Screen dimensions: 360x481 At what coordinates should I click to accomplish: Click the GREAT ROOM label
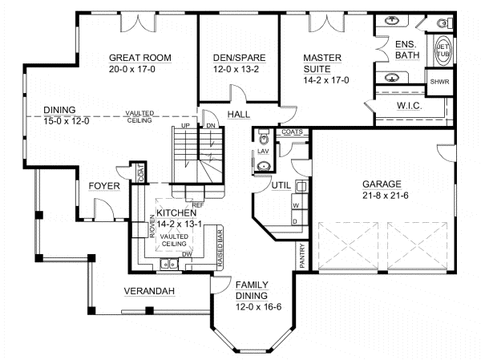[139, 57]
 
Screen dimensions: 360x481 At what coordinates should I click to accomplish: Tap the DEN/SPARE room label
[238, 57]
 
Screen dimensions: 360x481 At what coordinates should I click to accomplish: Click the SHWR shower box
[439, 82]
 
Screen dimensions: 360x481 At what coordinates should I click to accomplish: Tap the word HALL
[238, 115]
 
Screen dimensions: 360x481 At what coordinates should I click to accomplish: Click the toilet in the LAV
[262, 138]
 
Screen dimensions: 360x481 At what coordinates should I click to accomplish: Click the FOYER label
[103, 187]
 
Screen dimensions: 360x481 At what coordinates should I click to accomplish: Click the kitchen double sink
[169, 264]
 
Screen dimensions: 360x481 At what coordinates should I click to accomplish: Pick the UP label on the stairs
[186, 127]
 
